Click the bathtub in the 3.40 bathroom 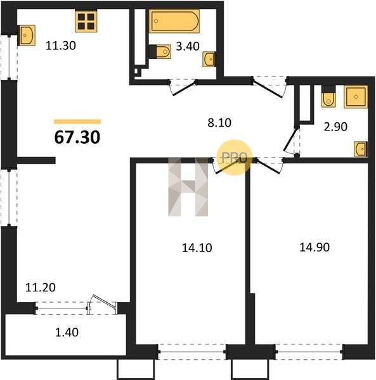coord(174,21)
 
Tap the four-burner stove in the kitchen coord(86,21)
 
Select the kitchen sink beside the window coord(27,35)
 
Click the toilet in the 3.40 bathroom coord(160,52)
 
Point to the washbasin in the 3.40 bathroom coord(209,59)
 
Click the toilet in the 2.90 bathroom coord(328,96)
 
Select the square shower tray coord(356,97)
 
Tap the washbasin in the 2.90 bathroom coord(361,149)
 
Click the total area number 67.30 coord(77,137)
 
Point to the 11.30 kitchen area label coord(61,46)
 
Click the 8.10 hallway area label coord(219,123)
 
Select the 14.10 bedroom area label coord(197,248)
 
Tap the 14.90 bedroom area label coord(314,247)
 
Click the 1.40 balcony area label coord(67,332)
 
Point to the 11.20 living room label coord(41,288)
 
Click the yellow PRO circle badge coord(235,157)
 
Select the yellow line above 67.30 coord(77,122)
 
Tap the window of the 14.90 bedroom coord(309,351)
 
